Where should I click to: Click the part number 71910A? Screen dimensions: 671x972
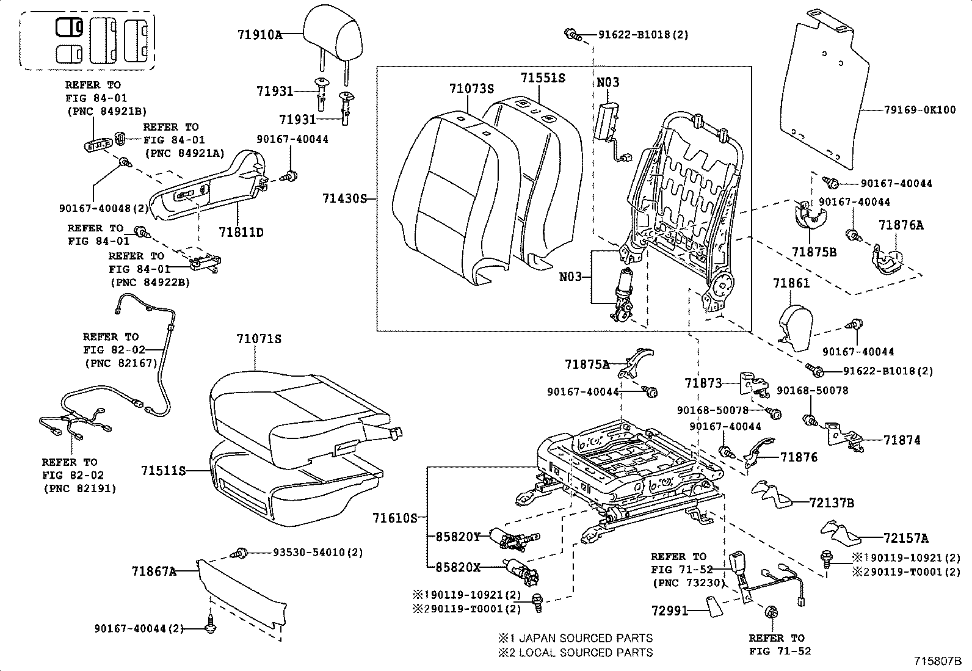tap(260, 35)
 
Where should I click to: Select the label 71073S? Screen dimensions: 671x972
tap(471, 89)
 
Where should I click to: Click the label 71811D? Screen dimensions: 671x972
tap(241, 233)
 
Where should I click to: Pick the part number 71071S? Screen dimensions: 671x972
tap(259, 339)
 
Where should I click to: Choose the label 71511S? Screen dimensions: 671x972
tap(163, 471)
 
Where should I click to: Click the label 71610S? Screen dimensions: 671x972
tap(394, 518)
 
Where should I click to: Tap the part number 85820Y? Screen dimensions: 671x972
tap(459, 537)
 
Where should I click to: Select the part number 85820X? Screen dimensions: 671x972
tap(459, 567)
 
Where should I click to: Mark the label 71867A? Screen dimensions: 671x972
tap(154, 571)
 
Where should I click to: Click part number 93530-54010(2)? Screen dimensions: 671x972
tap(317, 553)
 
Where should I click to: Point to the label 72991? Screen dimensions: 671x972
tap(669, 611)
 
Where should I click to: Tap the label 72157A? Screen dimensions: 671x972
tap(905, 538)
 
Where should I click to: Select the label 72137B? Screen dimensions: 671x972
tap(832, 503)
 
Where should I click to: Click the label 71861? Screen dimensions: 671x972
tap(791, 283)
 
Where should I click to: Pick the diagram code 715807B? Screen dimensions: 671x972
tap(938, 661)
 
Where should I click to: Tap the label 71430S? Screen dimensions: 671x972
tap(345, 198)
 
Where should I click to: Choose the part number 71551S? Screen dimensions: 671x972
tap(543, 78)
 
